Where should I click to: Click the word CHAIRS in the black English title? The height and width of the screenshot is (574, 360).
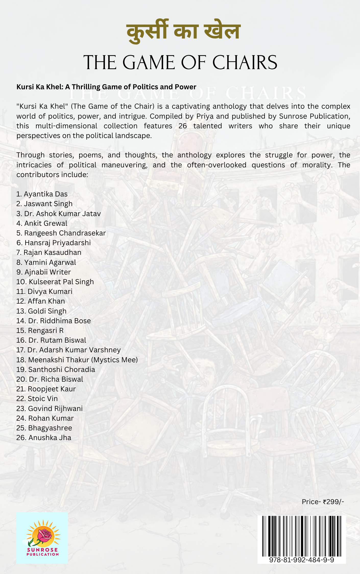(x=245, y=63)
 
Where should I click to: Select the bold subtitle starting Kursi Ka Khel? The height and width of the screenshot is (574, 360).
(x=106, y=87)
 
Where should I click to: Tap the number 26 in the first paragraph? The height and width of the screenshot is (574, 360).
(x=183, y=126)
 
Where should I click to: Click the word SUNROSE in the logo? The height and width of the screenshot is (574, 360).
(x=42, y=550)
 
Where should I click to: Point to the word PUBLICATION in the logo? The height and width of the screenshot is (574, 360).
(x=42, y=554)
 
